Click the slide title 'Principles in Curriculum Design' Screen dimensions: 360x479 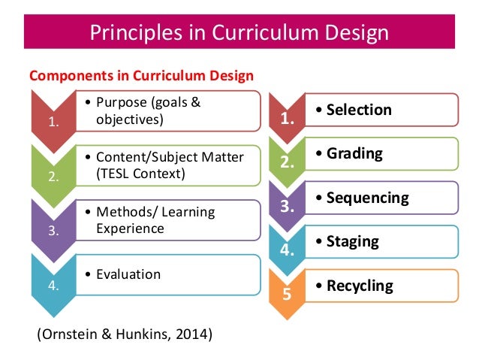pyautogui.click(x=239, y=33)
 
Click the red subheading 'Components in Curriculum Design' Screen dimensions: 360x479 pyautogui.click(x=141, y=75)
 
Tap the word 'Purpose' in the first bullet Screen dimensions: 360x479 pyautogui.click(x=123, y=103)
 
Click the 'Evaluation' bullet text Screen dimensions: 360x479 pyautogui.click(x=128, y=274)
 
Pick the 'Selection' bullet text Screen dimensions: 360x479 pyautogui.click(x=358, y=110)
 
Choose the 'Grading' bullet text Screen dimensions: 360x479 pyautogui.click(x=354, y=154)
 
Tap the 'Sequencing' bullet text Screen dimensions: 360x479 pyautogui.click(x=366, y=198)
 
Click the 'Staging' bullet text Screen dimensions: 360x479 pyautogui.click(x=351, y=242)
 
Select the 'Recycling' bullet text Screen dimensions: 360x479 pyautogui.click(x=359, y=286)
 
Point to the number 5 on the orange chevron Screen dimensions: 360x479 pyautogui.click(x=286, y=294)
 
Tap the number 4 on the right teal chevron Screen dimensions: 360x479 pyautogui.click(x=286, y=250)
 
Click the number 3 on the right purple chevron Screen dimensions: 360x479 pyautogui.click(x=286, y=206)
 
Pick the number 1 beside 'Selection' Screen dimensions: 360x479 pyautogui.click(x=286, y=118)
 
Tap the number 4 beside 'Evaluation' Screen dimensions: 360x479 pyautogui.click(x=53, y=285)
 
